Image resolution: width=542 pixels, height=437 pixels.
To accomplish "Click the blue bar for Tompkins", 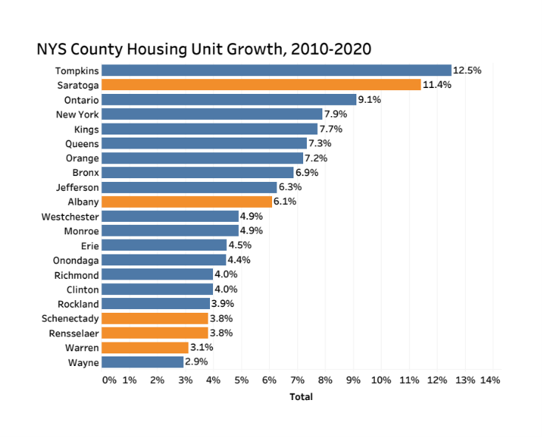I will coord(276,70).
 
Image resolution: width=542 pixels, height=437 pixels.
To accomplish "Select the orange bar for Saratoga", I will coord(261,85).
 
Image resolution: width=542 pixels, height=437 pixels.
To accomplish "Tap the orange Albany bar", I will coord(186,202).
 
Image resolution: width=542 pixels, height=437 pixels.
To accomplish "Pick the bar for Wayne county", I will coord(142,362).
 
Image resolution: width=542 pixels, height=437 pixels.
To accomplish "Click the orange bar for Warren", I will coord(145,348).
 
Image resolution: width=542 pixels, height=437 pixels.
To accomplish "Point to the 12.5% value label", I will coord(467,70).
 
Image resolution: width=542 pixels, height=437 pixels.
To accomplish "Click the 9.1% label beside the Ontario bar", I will coord(369,100).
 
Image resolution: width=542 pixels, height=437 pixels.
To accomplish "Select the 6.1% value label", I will coord(285,202).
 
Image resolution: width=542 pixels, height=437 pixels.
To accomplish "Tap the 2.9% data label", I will coord(196,362).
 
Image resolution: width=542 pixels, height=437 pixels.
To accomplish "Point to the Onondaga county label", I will coord(76,260).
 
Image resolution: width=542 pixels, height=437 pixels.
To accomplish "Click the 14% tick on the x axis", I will coord(490,380).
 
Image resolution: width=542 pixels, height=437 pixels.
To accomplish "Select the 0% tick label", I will coord(109,380).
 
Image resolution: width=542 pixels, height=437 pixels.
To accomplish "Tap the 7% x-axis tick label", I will coord(297,380).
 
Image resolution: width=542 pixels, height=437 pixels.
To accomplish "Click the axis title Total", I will coord(301,397).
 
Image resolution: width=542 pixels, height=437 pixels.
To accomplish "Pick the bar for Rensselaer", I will coord(155,333).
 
